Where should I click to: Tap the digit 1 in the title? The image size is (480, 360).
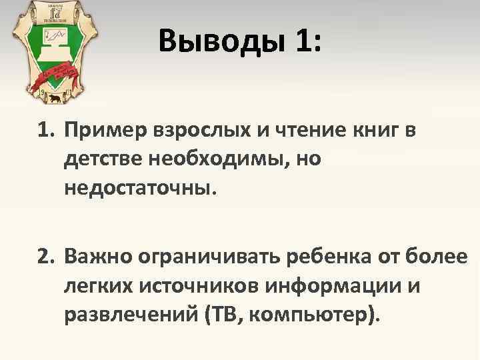[x=304, y=43]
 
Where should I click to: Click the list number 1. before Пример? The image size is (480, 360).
[x=44, y=132]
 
